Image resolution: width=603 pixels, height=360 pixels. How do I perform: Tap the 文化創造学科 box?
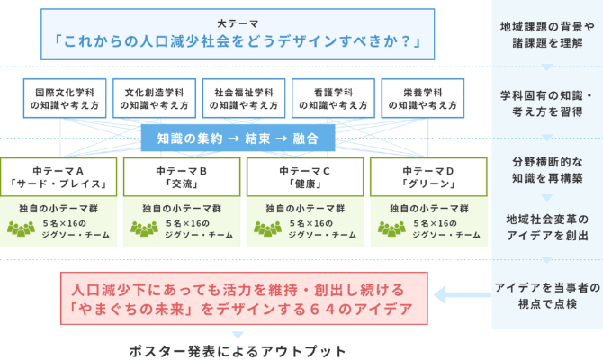[155, 98]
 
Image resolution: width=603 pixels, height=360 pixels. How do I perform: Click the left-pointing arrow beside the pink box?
[459, 294]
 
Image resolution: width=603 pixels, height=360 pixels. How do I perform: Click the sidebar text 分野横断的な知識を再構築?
[546, 172]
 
